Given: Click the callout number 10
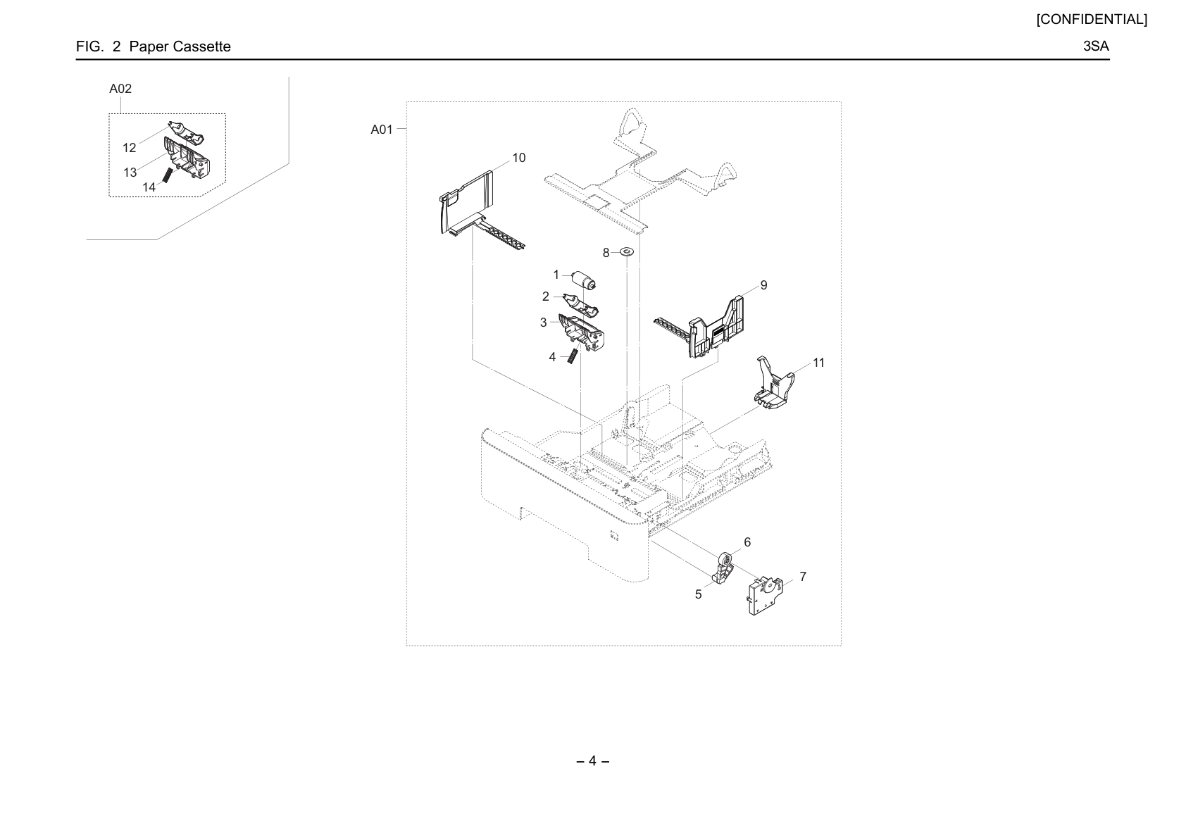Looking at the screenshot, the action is pos(518,158).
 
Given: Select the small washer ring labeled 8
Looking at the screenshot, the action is pos(627,251).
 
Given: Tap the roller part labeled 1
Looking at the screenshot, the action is pos(584,280).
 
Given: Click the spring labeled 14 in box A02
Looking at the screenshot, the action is pos(167,175).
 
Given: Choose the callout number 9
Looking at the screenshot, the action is pos(763,285).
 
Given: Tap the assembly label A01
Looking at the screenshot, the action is pos(381,130).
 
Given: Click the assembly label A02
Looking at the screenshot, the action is pos(120,89).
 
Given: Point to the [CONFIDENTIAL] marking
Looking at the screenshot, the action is pos(1092,20).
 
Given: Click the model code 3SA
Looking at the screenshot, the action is pos(1095,46).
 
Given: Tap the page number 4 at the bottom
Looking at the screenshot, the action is pos(592,761).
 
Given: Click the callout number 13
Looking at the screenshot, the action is pos(130,173).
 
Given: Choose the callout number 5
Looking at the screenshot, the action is pos(698,595).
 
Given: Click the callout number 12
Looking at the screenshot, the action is pos(129,148).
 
